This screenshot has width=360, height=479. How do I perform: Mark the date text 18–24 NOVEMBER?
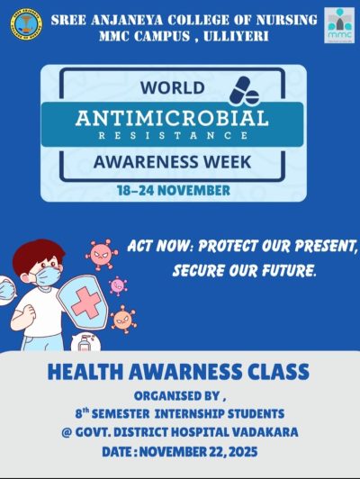[174, 190]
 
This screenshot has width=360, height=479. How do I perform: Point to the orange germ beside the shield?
[122, 318]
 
